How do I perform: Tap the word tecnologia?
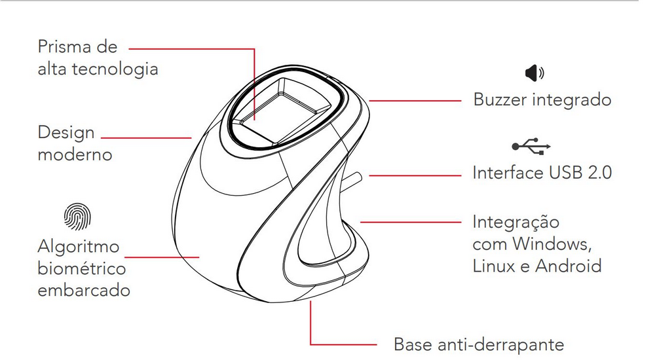pos(115,69)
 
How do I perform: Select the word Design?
pos(66,134)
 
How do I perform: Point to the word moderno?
pos(75,155)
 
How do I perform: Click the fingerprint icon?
pos(77,217)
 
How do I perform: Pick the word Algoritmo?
pos(79,247)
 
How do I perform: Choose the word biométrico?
pos(82,268)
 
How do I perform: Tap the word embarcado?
pos(84,290)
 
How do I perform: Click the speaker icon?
pos(534,73)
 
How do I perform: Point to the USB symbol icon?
pos(531,146)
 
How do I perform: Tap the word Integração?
pos(516,222)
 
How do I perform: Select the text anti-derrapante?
pos(501,345)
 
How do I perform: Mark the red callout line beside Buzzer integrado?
pos(415,101)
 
